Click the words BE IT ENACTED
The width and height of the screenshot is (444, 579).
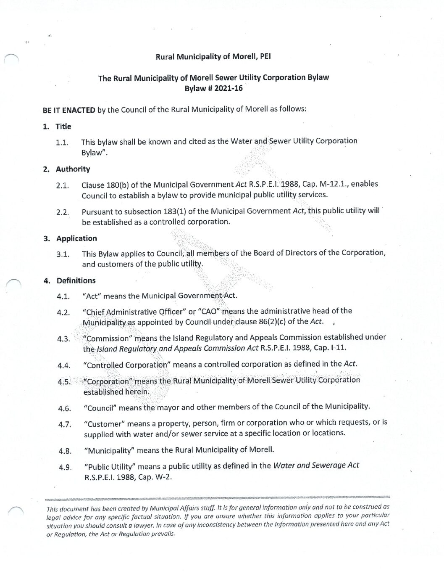pyautogui.click(x=69, y=110)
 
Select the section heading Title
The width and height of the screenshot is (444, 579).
pyautogui.click(x=63, y=127)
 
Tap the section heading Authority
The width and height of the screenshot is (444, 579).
pyautogui.click(x=73, y=169)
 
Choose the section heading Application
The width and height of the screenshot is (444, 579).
pyautogui.click(x=76, y=238)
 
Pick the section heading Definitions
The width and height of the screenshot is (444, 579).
pyautogui.click(x=76, y=280)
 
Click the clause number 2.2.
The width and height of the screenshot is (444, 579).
pyautogui.click(x=63, y=212)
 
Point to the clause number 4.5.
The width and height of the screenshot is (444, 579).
pyautogui.click(x=64, y=382)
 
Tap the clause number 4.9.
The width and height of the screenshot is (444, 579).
pyautogui.click(x=65, y=467)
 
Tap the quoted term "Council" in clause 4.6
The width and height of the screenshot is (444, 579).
pyautogui.click(x=100, y=407)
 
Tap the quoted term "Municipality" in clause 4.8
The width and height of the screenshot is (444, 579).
pyautogui.click(x=109, y=450)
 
